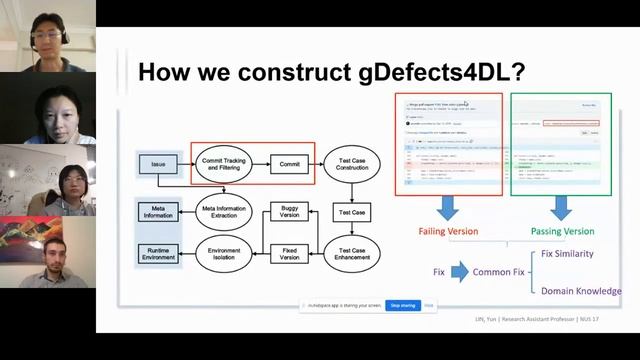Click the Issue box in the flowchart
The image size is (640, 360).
click(x=158, y=162)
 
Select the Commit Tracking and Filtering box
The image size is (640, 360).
click(x=224, y=162)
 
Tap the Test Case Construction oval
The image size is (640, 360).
click(x=352, y=162)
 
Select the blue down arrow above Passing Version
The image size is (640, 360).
click(x=560, y=207)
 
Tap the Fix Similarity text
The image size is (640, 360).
click(x=581, y=254)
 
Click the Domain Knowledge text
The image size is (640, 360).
click(x=581, y=291)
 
